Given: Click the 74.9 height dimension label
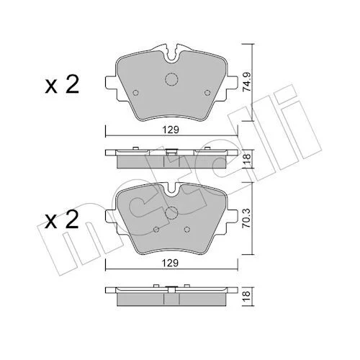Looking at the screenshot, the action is click(246, 81).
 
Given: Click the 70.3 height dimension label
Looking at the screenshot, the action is click(246, 218).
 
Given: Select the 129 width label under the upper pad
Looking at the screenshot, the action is click(171, 130).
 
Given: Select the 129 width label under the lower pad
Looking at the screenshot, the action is click(170, 264).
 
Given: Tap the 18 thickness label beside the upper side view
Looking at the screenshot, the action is click(247, 158).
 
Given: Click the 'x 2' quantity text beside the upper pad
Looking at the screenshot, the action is click(62, 85).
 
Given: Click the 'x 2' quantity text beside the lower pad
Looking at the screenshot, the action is click(62, 220).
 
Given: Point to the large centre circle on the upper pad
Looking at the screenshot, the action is click(171, 79).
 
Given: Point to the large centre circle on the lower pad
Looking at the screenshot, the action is click(171, 213).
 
